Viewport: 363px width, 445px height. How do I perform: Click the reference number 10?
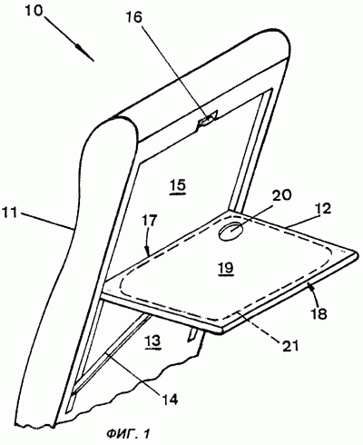34,13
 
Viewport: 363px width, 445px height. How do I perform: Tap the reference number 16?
132,18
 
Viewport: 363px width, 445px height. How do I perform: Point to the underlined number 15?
178,185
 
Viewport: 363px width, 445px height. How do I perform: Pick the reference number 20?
281,195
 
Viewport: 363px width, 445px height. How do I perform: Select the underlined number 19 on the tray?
227,268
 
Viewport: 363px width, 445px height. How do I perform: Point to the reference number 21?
289,345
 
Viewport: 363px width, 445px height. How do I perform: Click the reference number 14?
169,399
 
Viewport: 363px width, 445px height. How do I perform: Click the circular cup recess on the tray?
231,232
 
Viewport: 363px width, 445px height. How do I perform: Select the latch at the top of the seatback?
208,119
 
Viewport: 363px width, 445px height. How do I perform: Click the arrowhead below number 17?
147,251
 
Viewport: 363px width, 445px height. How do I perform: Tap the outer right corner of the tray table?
359,256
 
